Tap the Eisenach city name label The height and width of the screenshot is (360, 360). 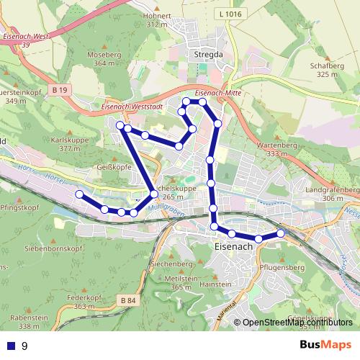point(234,246)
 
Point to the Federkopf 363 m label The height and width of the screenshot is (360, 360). point(80,302)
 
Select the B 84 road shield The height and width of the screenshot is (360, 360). point(128,300)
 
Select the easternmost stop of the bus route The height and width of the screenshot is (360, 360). point(280,233)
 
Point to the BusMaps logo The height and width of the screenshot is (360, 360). point(325,345)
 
